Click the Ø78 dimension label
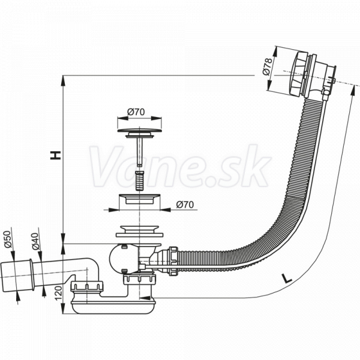coord(267,67)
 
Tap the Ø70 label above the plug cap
coord(136,112)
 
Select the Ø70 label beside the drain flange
coord(185,205)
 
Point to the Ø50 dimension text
coord(8,239)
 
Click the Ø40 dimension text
coord(35,241)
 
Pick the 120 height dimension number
coord(59,293)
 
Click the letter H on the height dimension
coord(56,155)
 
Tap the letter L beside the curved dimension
coord(286,279)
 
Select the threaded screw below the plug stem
coord(139,181)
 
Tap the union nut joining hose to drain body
coord(173,261)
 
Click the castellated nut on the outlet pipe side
coord(87,287)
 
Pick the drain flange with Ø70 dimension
coord(139,199)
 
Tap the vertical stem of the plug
coord(139,152)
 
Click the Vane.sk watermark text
coord(180,166)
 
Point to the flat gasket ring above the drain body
coord(139,235)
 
